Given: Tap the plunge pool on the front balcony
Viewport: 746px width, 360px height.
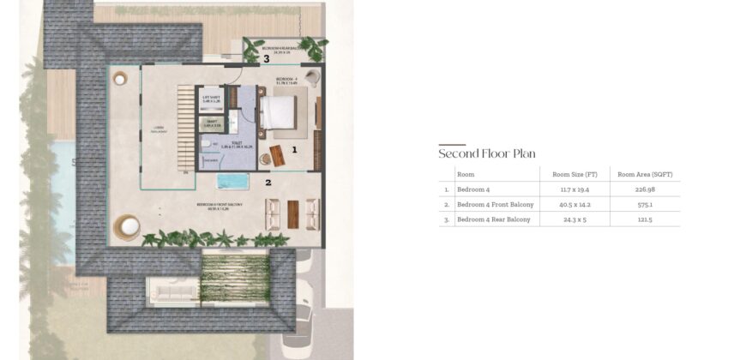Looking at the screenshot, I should [x=232, y=182].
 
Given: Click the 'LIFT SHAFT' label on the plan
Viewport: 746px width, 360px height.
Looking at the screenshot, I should [x=211, y=99].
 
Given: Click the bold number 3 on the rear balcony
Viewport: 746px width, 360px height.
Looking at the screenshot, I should [x=267, y=59].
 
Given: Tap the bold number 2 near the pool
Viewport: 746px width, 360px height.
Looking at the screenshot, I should [x=268, y=182].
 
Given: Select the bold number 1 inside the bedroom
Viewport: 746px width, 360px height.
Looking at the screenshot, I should [x=294, y=149].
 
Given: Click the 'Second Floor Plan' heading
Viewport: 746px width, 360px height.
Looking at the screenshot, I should [x=487, y=154].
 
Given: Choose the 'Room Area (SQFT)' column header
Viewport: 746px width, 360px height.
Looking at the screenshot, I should [x=645, y=174].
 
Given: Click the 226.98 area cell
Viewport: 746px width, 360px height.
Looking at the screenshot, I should [x=645, y=189].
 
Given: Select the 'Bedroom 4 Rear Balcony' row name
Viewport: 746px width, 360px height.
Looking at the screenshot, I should [x=494, y=219].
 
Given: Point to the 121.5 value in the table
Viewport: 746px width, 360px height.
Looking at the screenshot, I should [x=645, y=219].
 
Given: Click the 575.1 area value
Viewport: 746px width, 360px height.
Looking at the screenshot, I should [x=645, y=205].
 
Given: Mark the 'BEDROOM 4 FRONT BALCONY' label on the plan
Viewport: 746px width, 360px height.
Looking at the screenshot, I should [x=220, y=205].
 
